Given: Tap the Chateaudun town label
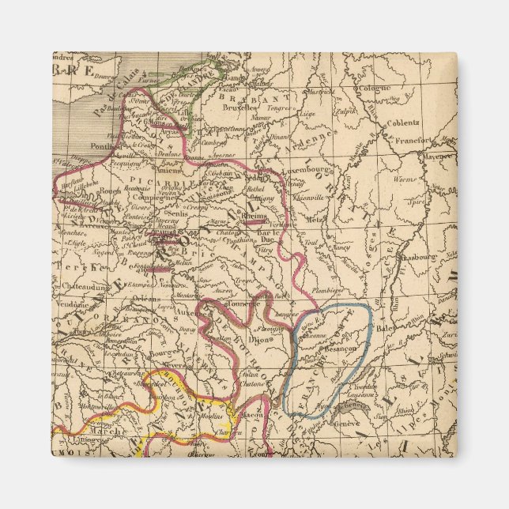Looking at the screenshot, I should click(x=81, y=288).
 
